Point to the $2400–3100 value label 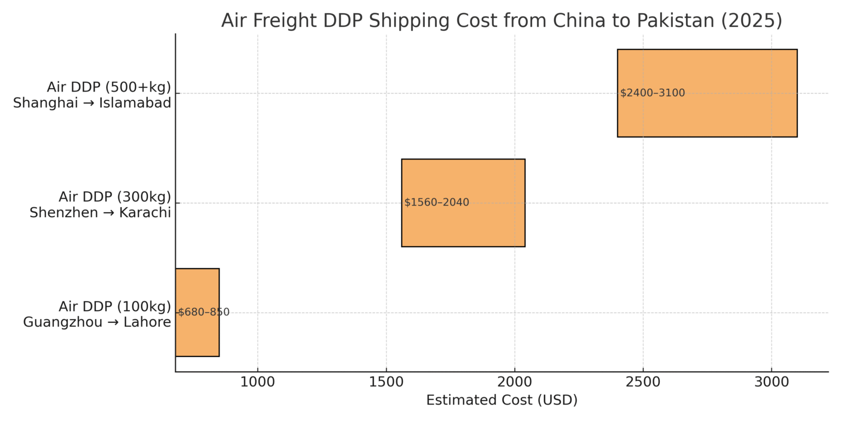pyautogui.click(x=652, y=93)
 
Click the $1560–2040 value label pyautogui.click(x=436, y=203)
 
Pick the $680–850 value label pyautogui.click(x=204, y=312)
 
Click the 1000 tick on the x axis pyautogui.click(x=257, y=383)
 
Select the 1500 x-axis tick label pyautogui.click(x=386, y=383)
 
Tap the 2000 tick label pyautogui.click(x=515, y=383)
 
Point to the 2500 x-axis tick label pyautogui.click(x=643, y=383)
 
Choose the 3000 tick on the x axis pyautogui.click(x=771, y=383)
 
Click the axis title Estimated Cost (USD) pyautogui.click(x=502, y=401)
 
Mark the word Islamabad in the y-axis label pyautogui.click(x=135, y=103)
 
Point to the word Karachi pyautogui.click(x=146, y=213)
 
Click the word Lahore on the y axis pyautogui.click(x=148, y=322)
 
